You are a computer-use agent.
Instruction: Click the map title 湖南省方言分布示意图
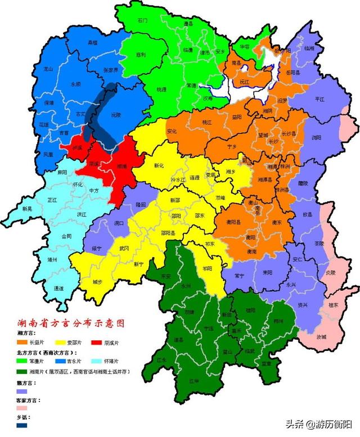(70, 325)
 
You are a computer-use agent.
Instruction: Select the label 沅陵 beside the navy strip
(116, 115)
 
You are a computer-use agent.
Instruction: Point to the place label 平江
(319, 99)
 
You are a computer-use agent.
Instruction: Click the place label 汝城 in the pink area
(321, 337)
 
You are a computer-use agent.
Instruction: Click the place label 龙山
(48, 69)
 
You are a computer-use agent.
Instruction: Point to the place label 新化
(159, 166)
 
